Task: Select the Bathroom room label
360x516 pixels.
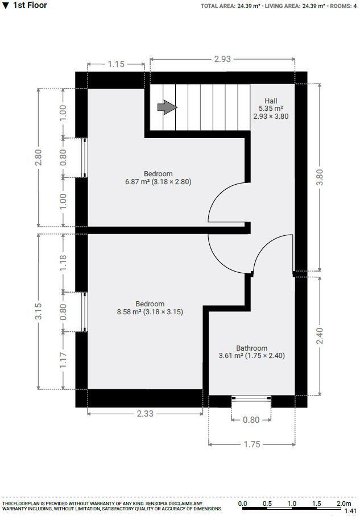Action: click(251, 348)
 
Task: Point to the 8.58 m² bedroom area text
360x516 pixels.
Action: click(150, 312)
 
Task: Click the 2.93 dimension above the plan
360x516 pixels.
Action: click(222, 59)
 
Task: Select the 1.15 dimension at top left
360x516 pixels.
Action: click(116, 64)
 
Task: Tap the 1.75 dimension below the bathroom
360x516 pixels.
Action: click(251, 444)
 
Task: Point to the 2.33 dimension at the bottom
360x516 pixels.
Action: click(145, 414)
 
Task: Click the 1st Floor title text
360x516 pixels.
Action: click(30, 5)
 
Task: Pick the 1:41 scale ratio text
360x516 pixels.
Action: click(350, 511)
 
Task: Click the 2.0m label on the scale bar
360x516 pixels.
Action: click(343, 503)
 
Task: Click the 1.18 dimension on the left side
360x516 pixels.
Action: click(63, 261)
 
